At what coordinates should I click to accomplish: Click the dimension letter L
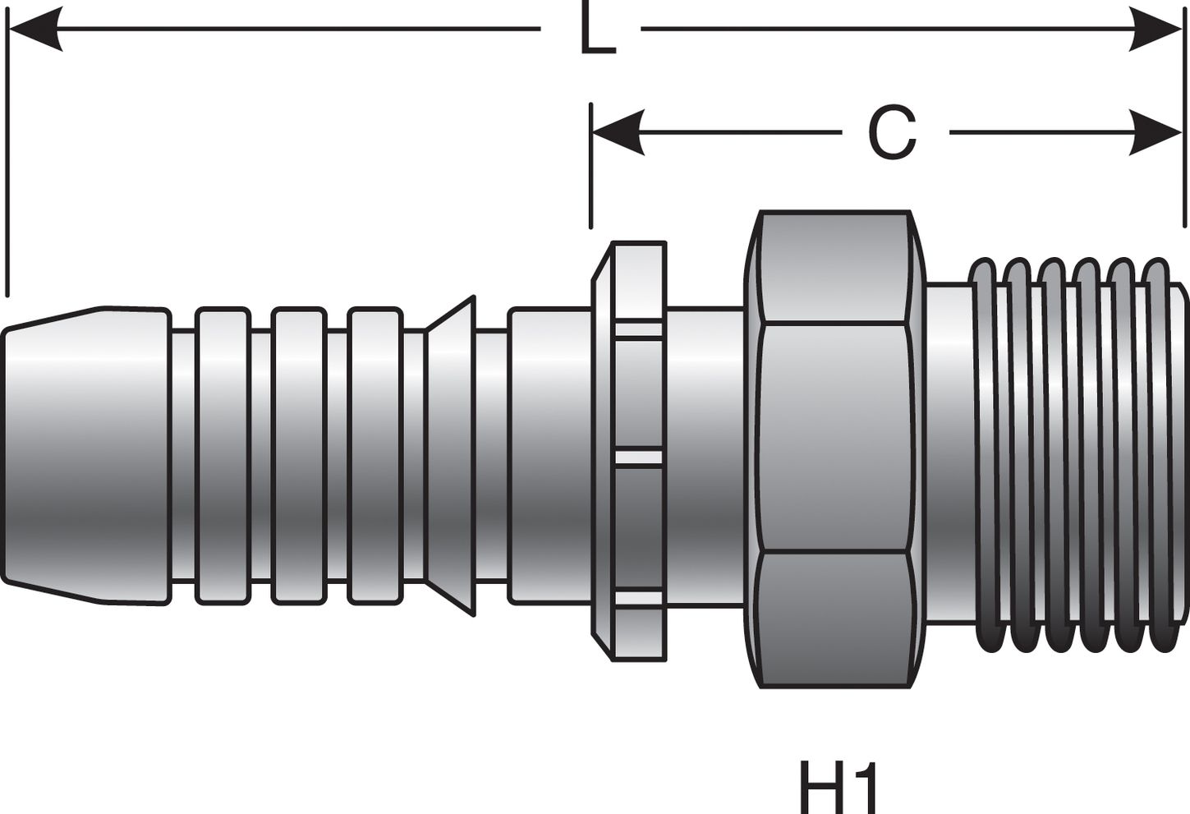(597, 30)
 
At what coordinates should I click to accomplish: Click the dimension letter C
(892, 134)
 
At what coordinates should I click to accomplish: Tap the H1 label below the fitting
(839, 786)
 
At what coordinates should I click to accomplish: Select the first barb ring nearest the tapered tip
(222, 456)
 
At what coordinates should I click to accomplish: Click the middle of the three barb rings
(298, 456)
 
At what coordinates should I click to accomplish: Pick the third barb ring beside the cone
(374, 456)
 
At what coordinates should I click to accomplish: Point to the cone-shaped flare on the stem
(452, 456)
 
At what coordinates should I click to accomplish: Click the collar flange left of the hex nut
(631, 452)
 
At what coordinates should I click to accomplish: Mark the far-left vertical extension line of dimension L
(7, 164)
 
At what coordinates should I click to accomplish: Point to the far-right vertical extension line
(1183, 164)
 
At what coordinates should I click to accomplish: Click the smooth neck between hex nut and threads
(946, 456)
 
